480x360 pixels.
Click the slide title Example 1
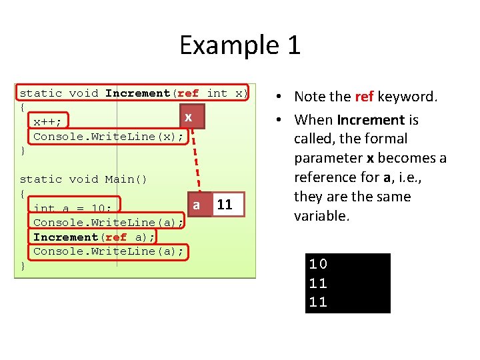click(x=240, y=45)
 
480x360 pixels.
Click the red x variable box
click(x=189, y=117)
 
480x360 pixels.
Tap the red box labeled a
click(x=196, y=205)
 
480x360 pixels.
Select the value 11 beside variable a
click(x=225, y=205)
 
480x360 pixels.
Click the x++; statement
click(x=48, y=122)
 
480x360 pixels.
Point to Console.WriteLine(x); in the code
click(x=108, y=136)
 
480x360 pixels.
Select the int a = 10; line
click(x=73, y=209)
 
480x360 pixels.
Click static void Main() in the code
click(x=83, y=179)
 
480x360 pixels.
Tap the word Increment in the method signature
click(x=138, y=93)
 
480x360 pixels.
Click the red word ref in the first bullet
click(x=364, y=97)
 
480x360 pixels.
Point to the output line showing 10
click(x=318, y=263)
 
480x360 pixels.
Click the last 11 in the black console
click(x=318, y=302)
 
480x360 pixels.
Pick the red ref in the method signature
click(x=189, y=93)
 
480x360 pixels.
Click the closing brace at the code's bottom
click(x=23, y=265)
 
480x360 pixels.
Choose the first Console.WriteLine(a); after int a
click(x=108, y=222)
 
